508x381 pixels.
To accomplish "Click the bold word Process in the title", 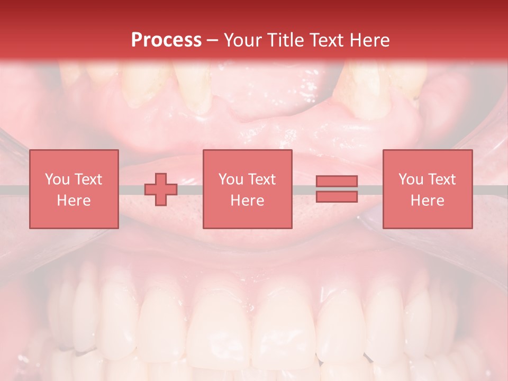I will (x=166, y=40).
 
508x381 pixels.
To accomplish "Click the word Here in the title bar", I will (x=370, y=40).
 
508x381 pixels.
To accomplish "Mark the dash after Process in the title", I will (x=212, y=41).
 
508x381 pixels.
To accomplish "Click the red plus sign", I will (x=161, y=189).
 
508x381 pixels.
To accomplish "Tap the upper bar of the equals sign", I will (x=337, y=182).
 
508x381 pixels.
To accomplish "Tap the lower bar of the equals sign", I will (x=337, y=196).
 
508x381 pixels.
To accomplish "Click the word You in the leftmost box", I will (x=57, y=179).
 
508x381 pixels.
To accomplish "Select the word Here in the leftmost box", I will (x=74, y=200).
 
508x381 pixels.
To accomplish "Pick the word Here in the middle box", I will (x=247, y=200).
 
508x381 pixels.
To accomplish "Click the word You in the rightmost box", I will (x=410, y=179).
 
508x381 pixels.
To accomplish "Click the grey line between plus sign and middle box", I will (x=190, y=189).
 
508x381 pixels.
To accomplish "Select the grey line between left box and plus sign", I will (x=131, y=189).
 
